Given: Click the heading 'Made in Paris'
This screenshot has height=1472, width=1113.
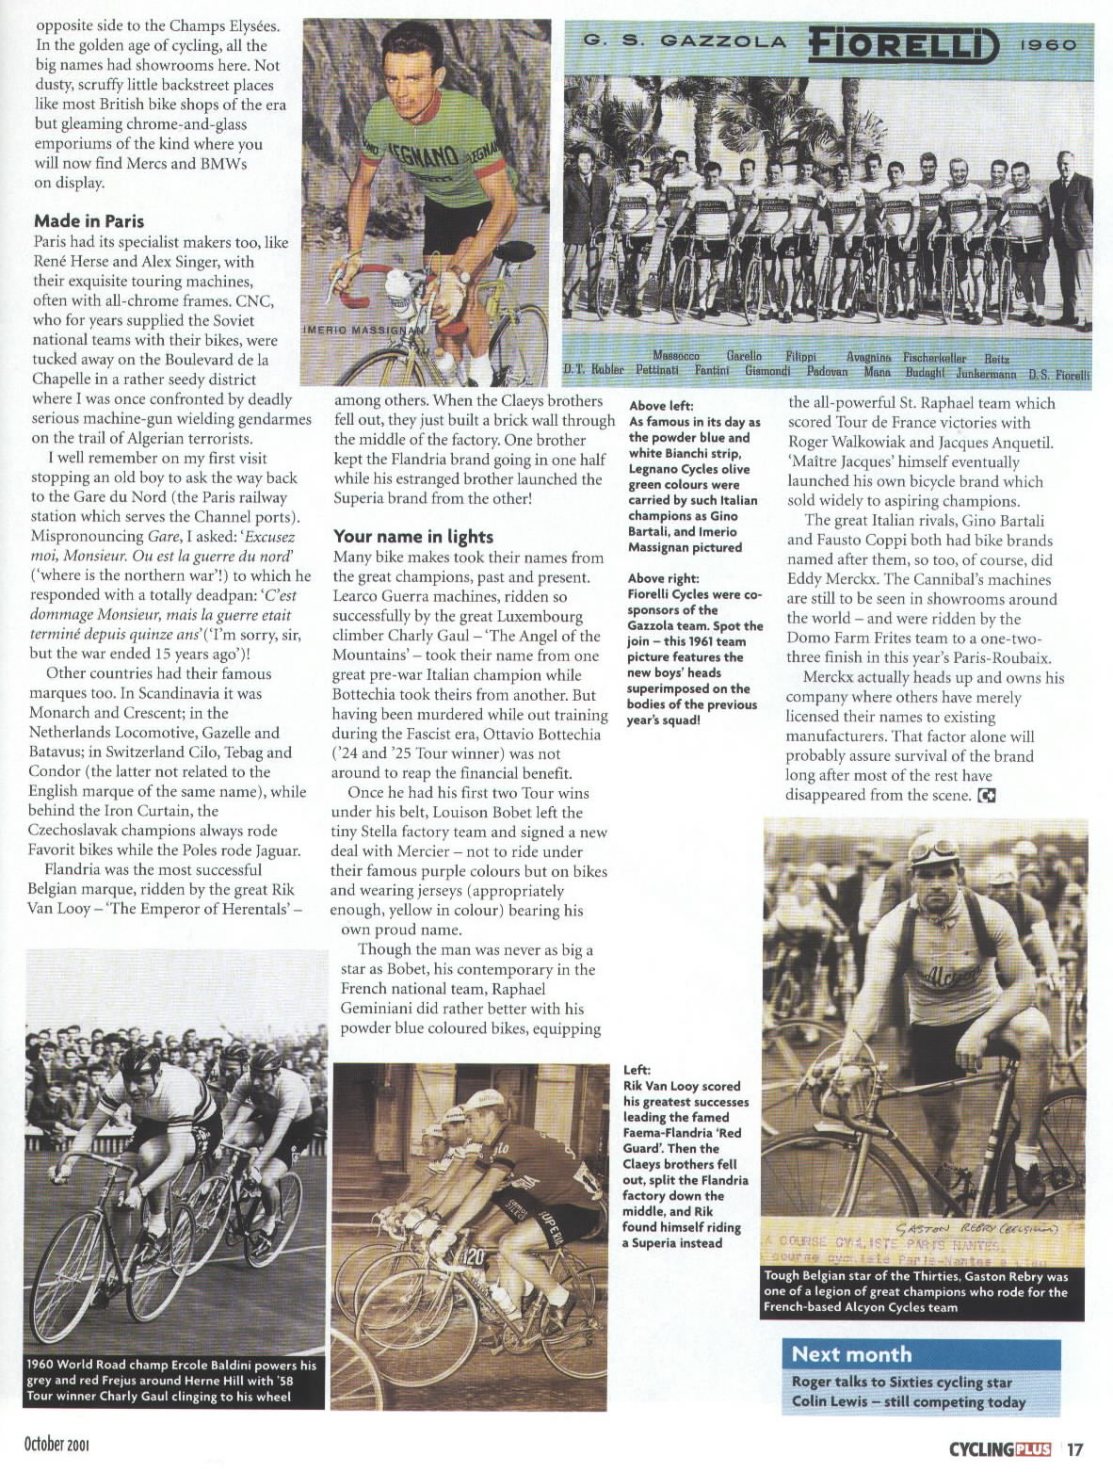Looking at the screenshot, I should coord(89,221).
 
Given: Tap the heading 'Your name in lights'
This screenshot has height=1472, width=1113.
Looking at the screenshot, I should coord(413,537).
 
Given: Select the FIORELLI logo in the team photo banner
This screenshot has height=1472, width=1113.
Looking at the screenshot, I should coord(901,43).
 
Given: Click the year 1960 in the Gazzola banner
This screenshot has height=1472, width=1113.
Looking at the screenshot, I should coord(1047,43).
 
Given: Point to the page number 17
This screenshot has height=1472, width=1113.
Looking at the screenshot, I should coord(1076,1448).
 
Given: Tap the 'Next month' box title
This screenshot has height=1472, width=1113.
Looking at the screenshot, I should coord(851,1354).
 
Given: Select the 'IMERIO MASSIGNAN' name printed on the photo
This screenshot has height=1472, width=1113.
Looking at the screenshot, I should coord(363,330).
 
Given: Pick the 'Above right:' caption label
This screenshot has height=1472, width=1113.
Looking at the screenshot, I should coord(663,578).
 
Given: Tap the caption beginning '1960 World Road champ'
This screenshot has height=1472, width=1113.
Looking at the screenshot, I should coord(172,1381).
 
